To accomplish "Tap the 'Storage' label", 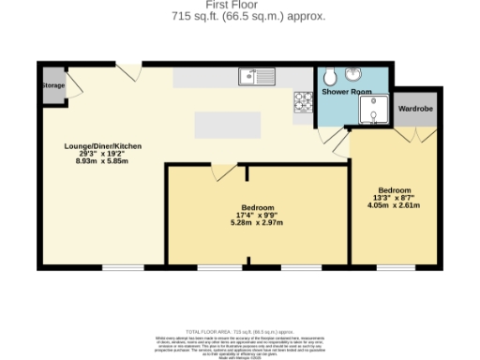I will [53, 85].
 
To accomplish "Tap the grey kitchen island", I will [227, 125].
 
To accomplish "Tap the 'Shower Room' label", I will [347, 93].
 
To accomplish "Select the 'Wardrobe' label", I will [414, 109].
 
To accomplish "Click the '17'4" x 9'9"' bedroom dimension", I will [257, 215].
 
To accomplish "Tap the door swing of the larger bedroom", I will [225, 172].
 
